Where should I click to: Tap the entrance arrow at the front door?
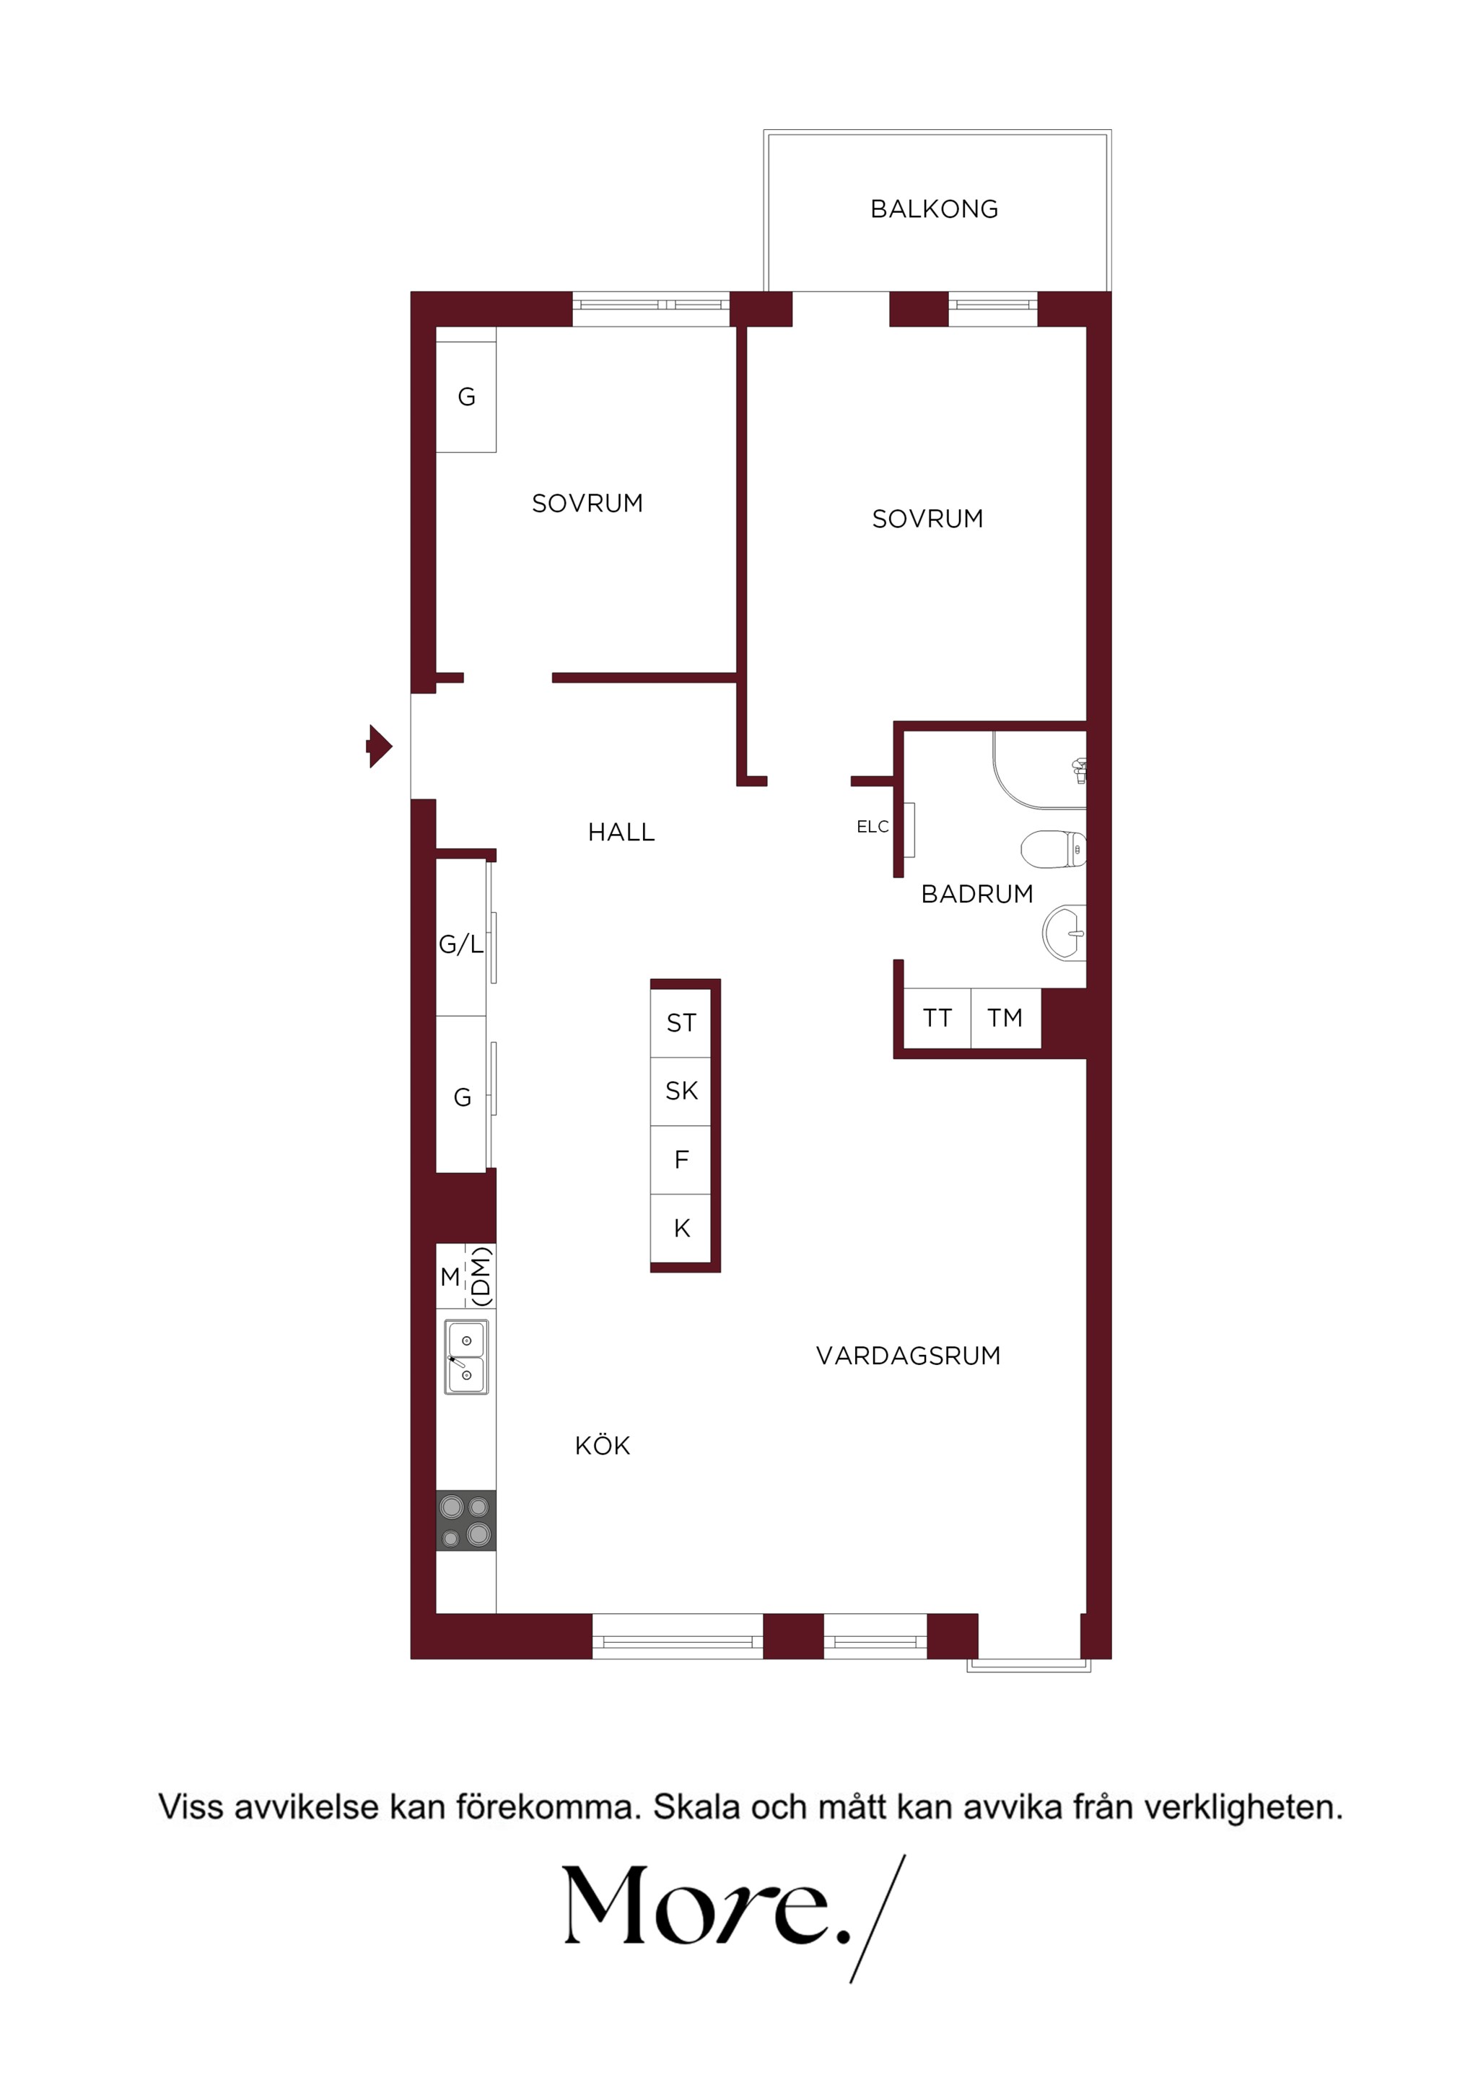(x=379, y=747)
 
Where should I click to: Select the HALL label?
(x=621, y=832)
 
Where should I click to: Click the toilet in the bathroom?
(x=1054, y=849)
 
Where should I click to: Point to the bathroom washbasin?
(x=1064, y=932)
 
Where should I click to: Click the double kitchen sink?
(x=466, y=1356)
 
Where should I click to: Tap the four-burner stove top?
(x=466, y=1520)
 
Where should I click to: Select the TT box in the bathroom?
(x=937, y=1018)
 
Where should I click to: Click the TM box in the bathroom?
(x=1005, y=1018)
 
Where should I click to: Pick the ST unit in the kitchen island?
(x=681, y=1023)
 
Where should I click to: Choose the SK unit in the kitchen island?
(x=681, y=1092)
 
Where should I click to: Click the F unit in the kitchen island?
(x=681, y=1159)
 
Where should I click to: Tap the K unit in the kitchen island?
(x=681, y=1228)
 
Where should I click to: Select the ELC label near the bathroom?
(x=873, y=827)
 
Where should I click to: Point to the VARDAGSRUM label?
(x=908, y=1356)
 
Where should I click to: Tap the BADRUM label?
(x=977, y=894)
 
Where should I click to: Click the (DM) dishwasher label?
(x=481, y=1275)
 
